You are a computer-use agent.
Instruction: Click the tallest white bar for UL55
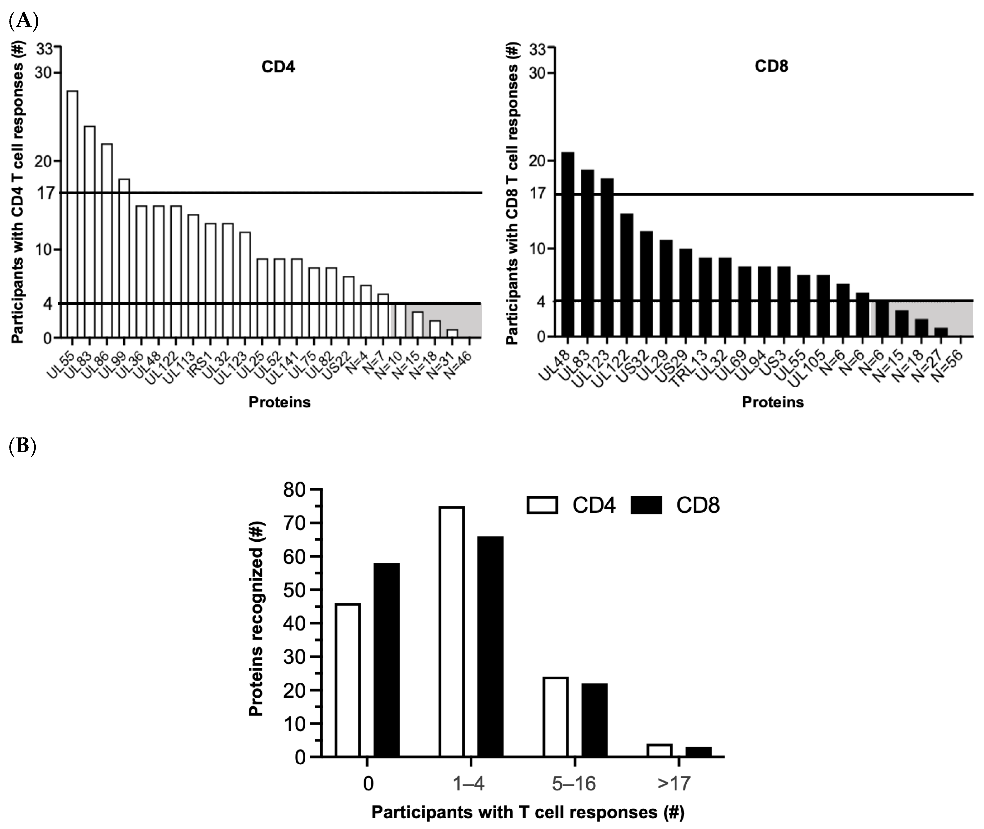tap(72, 214)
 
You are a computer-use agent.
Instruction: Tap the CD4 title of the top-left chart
tap(278, 67)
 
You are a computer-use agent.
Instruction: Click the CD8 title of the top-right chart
tap(771, 66)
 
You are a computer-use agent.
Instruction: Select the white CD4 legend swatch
tap(542, 505)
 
